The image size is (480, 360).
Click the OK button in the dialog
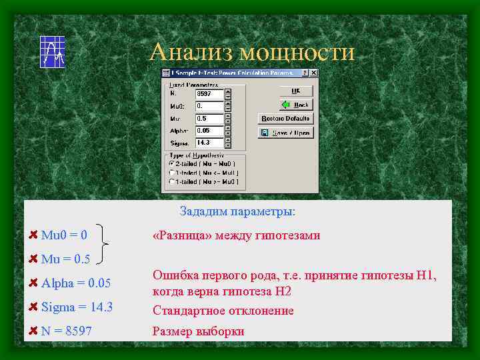point(295,90)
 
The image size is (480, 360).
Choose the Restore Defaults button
point(285,118)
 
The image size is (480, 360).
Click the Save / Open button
point(285,132)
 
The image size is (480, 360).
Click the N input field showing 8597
point(209,94)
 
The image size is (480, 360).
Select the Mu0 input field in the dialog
point(209,106)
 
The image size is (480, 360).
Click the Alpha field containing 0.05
point(209,131)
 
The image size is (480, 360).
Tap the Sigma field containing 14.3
point(209,143)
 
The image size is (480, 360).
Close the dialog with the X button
point(315,73)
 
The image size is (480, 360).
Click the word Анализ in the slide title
point(191,52)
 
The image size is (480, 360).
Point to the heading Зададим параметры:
point(237,211)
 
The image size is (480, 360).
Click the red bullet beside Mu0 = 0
point(33,235)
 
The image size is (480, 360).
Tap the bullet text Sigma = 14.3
point(77,307)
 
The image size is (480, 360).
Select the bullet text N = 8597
point(67,330)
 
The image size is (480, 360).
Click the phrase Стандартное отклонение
point(223,311)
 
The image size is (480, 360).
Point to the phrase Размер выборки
point(199,331)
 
